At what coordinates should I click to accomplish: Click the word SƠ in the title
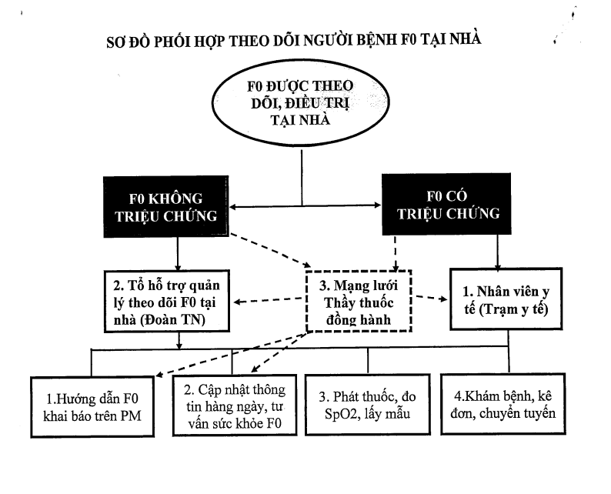tap(115, 42)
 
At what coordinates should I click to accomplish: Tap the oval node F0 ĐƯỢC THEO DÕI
tap(300, 103)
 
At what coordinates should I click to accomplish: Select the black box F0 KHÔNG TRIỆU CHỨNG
tap(166, 206)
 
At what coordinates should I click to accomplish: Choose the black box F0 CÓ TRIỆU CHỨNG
tap(446, 204)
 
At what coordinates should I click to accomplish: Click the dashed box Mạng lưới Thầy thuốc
tap(359, 301)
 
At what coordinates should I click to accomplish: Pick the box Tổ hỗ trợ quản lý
tap(167, 301)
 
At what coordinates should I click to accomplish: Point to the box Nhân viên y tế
tap(506, 299)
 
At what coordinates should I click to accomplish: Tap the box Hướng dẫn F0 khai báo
tap(92, 407)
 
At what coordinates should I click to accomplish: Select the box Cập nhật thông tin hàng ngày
tap(235, 406)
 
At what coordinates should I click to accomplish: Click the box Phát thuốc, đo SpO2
tap(368, 405)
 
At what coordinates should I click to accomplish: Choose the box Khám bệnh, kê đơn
tap(503, 404)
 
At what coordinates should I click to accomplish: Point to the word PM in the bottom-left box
tap(131, 416)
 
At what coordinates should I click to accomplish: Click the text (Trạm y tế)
tap(513, 309)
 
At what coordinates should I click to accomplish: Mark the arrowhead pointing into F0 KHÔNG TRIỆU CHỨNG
tap(232, 207)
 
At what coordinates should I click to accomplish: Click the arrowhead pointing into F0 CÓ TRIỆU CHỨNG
tap(378, 205)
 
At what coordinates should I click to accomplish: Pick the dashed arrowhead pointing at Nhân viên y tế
tap(443, 299)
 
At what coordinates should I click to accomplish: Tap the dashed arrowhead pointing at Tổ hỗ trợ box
tap(238, 302)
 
